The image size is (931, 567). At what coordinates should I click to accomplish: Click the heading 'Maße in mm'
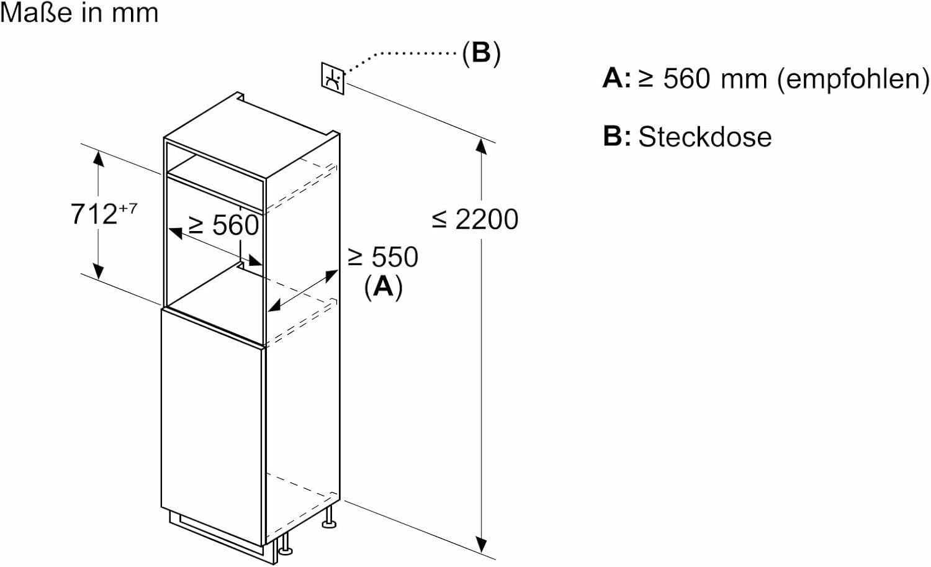79,13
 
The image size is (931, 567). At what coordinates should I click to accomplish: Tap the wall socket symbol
332,78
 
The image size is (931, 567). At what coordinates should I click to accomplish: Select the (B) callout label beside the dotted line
481,53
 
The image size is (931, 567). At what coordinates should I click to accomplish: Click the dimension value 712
94,214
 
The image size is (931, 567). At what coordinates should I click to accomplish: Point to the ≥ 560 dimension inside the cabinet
223,225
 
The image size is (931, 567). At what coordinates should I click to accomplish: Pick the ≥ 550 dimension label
383,257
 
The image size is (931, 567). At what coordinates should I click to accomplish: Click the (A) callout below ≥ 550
383,286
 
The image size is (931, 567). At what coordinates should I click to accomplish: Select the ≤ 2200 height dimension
475,219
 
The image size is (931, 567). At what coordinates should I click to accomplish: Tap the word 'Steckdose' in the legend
705,137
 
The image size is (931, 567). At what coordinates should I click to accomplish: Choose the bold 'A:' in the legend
616,79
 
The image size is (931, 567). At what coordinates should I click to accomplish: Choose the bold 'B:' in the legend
616,137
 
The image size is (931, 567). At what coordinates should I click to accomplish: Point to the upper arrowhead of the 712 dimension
98,158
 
